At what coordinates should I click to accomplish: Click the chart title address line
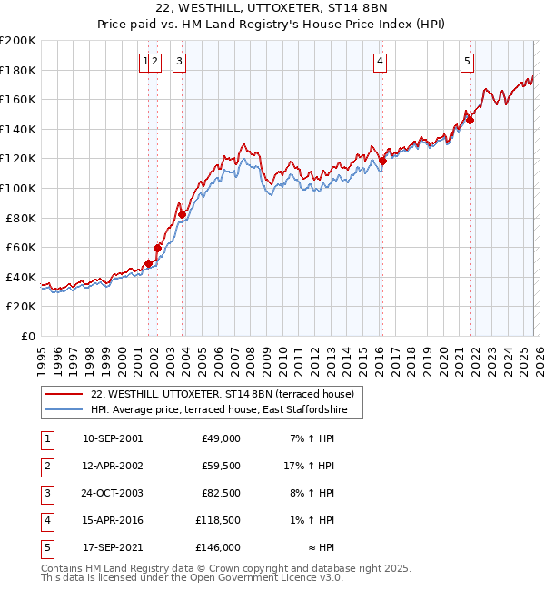(272, 8)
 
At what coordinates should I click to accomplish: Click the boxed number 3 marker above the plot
(179, 62)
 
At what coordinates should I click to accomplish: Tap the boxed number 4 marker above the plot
(379, 62)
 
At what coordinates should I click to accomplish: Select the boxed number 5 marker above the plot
(467, 62)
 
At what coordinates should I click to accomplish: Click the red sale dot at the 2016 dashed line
(382, 162)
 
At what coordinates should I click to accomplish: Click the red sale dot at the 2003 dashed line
(183, 214)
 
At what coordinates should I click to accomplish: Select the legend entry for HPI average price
(225, 409)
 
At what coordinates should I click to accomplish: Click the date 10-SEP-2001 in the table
(112, 438)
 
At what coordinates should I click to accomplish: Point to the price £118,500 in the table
(218, 520)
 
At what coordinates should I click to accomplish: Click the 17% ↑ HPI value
(310, 466)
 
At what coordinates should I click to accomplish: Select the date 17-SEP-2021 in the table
(112, 547)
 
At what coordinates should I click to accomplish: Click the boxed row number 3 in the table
(45, 493)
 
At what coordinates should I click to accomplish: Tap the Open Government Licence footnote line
(180, 578)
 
